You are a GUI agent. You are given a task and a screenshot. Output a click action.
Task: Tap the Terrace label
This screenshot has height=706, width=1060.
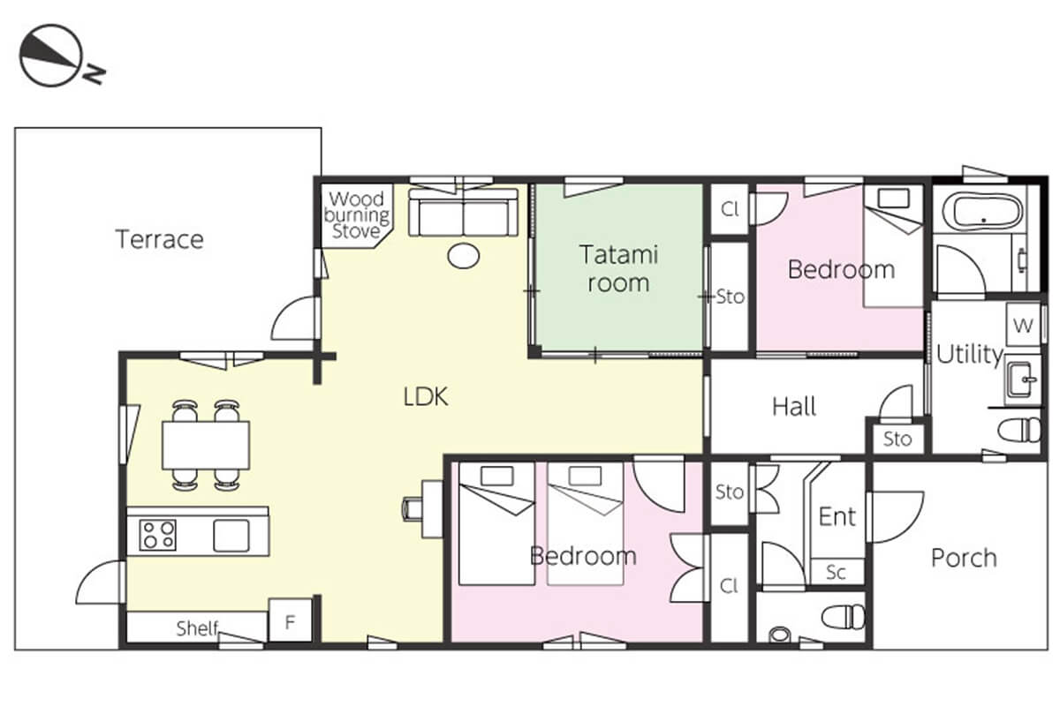(160, 239)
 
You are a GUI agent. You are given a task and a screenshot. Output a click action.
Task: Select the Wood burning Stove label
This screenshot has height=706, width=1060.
(356, 214)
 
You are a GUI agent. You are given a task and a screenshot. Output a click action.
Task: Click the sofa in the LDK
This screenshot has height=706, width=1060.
(463, 213)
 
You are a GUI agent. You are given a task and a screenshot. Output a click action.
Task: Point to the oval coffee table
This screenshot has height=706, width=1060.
(463, 256)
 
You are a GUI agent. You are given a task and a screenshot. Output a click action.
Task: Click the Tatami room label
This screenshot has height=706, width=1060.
(618, 268)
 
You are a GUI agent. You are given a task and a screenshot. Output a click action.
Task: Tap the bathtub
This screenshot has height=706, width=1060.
(982, 212)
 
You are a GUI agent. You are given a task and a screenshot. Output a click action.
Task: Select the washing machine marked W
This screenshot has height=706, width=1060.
(1023, 325)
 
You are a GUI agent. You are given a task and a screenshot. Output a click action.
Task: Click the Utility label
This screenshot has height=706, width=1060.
(970, 354)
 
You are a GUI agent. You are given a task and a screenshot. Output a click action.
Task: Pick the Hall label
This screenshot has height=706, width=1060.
(794, 407)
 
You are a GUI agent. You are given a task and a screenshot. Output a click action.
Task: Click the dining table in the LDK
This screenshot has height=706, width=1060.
(206, 446)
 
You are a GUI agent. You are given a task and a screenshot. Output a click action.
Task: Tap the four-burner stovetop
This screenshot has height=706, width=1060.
(157, 535)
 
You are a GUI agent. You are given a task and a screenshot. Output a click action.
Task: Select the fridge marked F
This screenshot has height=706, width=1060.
(290, 620)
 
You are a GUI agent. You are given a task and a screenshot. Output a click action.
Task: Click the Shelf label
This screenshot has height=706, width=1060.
(197, 628)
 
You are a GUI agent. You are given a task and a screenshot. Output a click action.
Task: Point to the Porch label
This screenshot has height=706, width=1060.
(964, 558)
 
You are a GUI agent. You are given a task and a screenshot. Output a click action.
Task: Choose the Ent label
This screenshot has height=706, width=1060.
(837, 516)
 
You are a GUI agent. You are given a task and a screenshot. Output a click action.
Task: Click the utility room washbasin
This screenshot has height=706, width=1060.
(1021, 379)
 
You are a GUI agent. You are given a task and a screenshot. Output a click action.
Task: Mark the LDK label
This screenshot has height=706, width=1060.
(426, 397)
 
